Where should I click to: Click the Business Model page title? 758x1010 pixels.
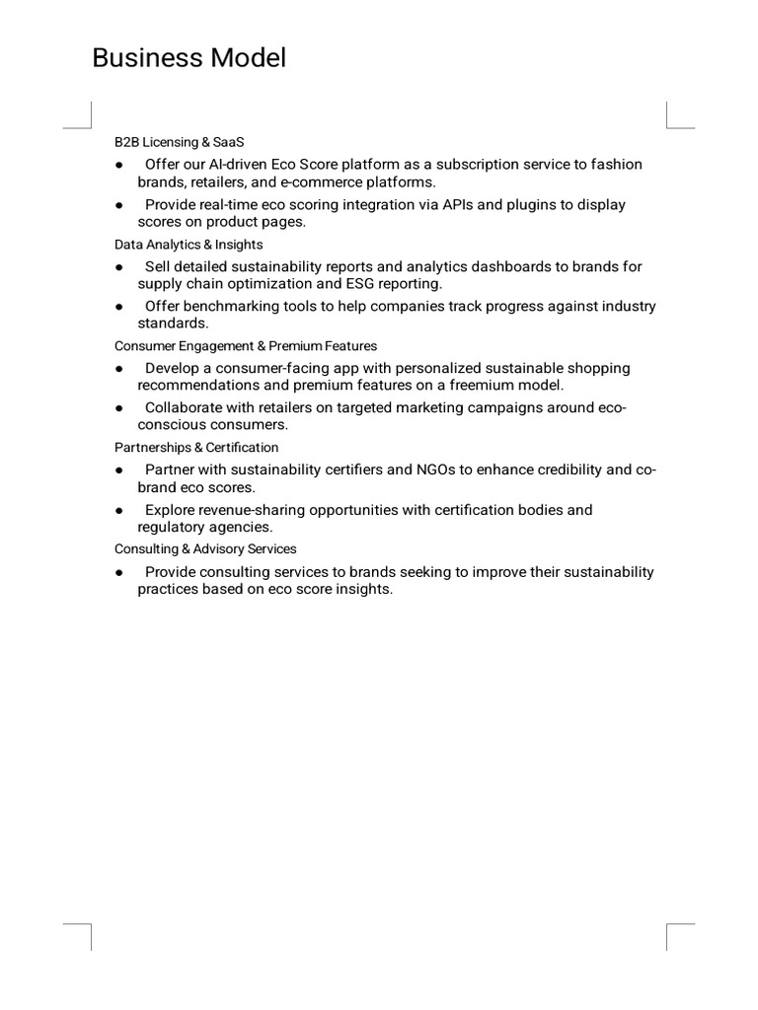coord(189,59)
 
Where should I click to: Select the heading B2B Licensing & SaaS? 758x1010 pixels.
coord(179,143)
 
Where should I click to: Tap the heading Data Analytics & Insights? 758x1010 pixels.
coord(189,245)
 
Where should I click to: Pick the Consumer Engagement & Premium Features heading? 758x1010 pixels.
coord(246,346)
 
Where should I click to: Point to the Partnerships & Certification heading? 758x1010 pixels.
coord(196,448)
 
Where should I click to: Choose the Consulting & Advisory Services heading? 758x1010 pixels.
coord(205,548)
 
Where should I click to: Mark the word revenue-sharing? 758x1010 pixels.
coord(250,510)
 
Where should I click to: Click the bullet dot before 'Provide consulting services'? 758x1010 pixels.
coord(118,573)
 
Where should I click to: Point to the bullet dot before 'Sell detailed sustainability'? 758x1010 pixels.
coord(118,267)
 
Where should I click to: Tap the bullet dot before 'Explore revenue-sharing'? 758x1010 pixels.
coord(118,511)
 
